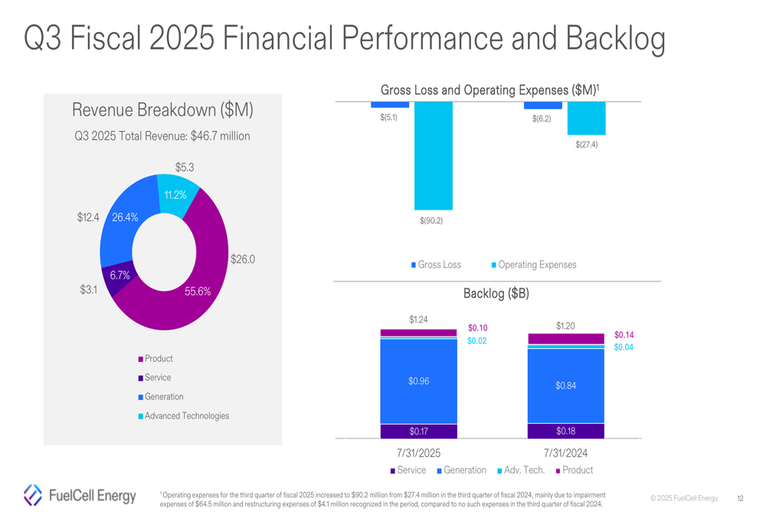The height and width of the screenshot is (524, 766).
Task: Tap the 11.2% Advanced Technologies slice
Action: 175,194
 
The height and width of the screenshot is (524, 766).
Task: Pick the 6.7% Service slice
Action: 119,276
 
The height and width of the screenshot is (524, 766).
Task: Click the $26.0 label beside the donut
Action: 242,260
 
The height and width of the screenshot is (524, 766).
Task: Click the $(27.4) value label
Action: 586,145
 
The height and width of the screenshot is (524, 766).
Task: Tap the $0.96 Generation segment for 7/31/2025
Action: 418,381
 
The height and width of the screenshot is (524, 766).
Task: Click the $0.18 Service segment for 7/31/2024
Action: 565,431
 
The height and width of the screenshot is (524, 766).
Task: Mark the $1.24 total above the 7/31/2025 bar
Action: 418,320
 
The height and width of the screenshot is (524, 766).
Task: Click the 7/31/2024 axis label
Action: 565,454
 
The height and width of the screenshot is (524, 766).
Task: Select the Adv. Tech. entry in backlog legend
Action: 524,470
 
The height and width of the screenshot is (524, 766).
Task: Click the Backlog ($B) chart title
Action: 496,294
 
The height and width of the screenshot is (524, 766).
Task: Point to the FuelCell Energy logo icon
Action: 33,495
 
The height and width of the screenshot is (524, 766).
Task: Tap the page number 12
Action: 740,499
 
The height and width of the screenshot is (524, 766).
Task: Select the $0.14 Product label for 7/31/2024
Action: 624,335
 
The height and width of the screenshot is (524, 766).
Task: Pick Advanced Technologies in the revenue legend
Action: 186,416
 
